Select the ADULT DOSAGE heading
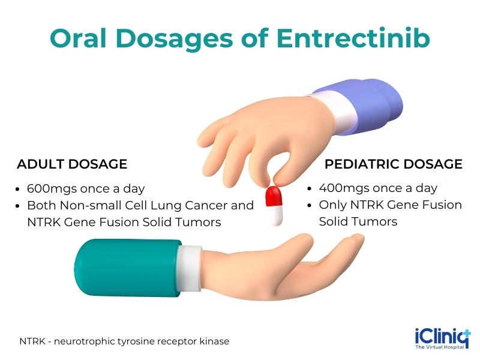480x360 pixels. pos(72,164)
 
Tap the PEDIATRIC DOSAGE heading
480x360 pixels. pos(394,164)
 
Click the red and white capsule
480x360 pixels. pos(274,205)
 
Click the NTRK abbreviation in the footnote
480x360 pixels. pos(30,341)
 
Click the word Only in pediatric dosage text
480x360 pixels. pos(332,205)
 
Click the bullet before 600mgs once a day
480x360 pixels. pos(20,188)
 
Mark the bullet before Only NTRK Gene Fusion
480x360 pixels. pos(310,205)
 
